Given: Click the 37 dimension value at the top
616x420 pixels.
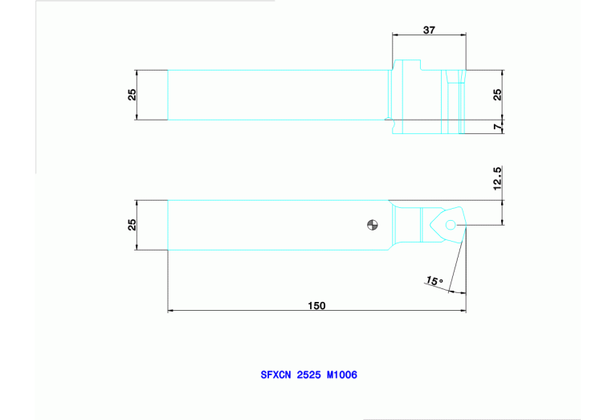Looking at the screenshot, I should pos(429,30).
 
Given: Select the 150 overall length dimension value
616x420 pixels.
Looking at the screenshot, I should pos(317,305).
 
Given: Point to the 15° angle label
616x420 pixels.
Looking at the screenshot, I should pos(434,281).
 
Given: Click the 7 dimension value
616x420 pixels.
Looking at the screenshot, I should pos(498,127).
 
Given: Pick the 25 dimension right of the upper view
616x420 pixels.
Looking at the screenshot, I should pos(498,94).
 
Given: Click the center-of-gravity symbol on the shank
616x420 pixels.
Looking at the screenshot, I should pos(370,224).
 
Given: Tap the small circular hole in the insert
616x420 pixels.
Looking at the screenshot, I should pos(451,226).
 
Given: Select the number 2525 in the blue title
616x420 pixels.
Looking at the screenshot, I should pos(309,374).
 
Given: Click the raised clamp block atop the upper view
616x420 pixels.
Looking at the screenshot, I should pos(409,63).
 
